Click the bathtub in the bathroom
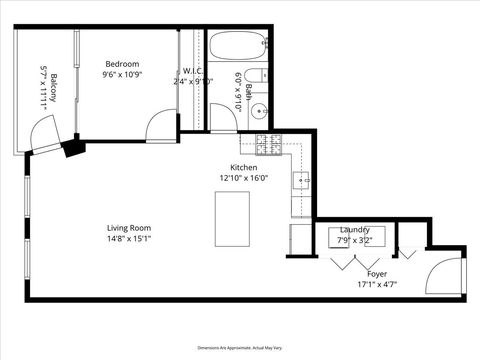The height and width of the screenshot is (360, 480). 239,46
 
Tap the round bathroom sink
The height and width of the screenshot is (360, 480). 258,111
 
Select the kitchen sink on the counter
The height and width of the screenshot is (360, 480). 300,181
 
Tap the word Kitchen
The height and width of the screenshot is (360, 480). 244,167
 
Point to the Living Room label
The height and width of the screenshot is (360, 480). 129,228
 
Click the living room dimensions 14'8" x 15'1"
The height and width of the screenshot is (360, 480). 129,239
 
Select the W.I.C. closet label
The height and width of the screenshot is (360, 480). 194,71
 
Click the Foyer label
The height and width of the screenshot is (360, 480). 377,273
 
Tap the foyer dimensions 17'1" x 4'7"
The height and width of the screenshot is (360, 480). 377,284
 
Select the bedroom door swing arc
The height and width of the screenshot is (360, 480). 160,124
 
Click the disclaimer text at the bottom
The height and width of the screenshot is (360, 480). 240,343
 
